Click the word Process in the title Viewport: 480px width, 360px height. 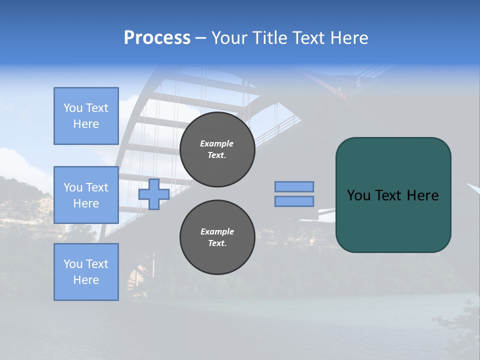pos(157,38)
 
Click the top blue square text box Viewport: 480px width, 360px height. pos(86,116)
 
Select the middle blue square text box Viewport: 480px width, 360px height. pos(86,195)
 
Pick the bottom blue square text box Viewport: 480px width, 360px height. pos(86,272)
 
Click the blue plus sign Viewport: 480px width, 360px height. pos(153,194)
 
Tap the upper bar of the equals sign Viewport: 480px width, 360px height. pos(294,186)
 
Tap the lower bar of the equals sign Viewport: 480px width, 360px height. pos(294,201)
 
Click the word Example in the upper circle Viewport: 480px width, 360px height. pos(216,143)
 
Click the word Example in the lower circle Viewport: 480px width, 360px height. pos(217,231)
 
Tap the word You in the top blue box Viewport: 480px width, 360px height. pos(73,108)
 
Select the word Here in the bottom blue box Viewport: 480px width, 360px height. pos(86,280)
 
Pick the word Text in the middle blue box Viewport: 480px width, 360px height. pos(97,187)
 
